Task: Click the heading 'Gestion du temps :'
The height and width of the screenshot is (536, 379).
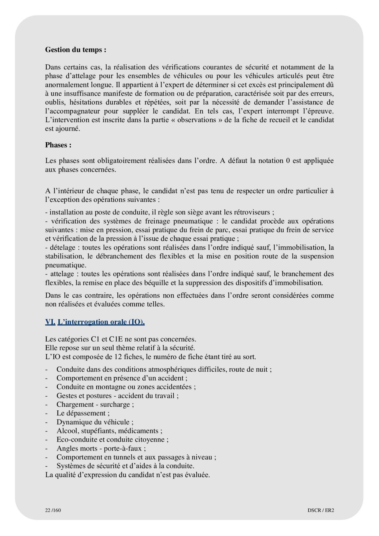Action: point(76,50)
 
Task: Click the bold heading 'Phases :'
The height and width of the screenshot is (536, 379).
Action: point(58,145)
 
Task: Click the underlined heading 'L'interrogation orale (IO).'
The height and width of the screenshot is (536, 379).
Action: point(101,322)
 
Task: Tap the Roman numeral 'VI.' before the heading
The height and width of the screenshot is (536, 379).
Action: point(50,322)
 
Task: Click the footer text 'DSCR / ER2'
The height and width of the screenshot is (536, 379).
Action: point(321,510)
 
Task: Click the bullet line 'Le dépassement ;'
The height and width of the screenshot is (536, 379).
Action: point(83,413)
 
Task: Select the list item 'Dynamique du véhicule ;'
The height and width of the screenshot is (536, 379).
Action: point(95,422)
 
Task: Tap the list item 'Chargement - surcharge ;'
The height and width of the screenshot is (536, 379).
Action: point(95,404)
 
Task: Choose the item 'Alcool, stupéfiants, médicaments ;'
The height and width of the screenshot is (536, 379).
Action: point(109,431)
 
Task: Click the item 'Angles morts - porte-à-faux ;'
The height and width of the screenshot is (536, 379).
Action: point(101,448)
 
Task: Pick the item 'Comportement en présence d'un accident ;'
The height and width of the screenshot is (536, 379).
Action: point(122,378)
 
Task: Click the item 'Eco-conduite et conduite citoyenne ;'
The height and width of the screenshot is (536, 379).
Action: point(113,440)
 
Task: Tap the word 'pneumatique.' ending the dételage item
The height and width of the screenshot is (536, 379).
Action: point(66,265)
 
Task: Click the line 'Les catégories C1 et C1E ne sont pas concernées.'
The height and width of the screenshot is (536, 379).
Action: point(121,339)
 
